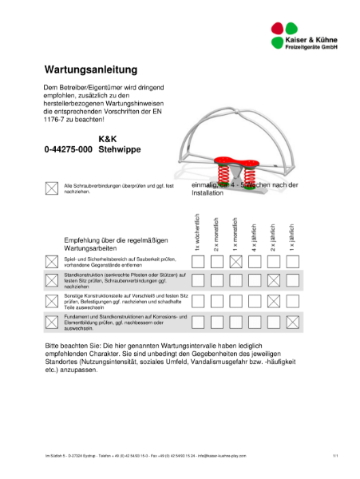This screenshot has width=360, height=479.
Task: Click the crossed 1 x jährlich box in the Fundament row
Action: point(292,322)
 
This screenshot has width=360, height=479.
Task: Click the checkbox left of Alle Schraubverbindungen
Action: point(52,188)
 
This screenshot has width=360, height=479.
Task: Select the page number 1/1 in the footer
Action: point(335,455)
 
